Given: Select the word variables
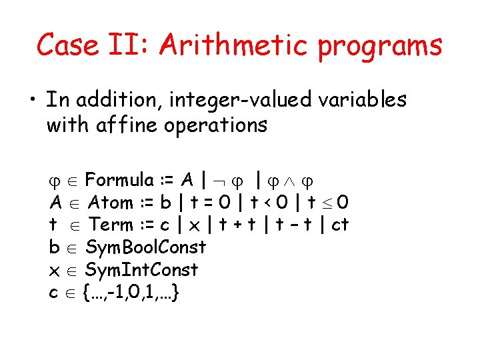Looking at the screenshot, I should [361, 99].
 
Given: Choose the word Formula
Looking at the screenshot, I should [119, 180].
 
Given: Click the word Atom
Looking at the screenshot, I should [110, 202].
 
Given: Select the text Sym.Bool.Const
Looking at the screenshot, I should [146, 247].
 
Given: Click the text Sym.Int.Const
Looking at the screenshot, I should [142, 270].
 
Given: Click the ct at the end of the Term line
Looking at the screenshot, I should [340, 225].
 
